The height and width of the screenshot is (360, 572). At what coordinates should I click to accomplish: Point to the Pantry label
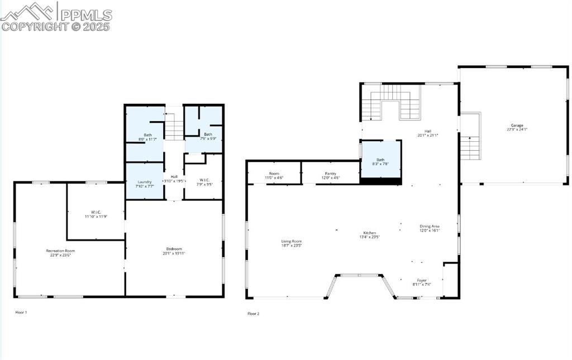click(x=329, y=175)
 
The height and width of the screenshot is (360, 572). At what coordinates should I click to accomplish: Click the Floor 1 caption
click(x=21, y=312)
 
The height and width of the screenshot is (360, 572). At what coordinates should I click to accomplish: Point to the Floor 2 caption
click(x=254, y=314)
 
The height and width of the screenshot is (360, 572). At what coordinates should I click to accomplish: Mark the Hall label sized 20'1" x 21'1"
click(x=428, y=133)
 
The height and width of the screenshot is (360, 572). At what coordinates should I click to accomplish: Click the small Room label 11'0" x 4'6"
click(x=274, y=175)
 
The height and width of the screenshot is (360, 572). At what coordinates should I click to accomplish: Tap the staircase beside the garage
click(x=470, y=147)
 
